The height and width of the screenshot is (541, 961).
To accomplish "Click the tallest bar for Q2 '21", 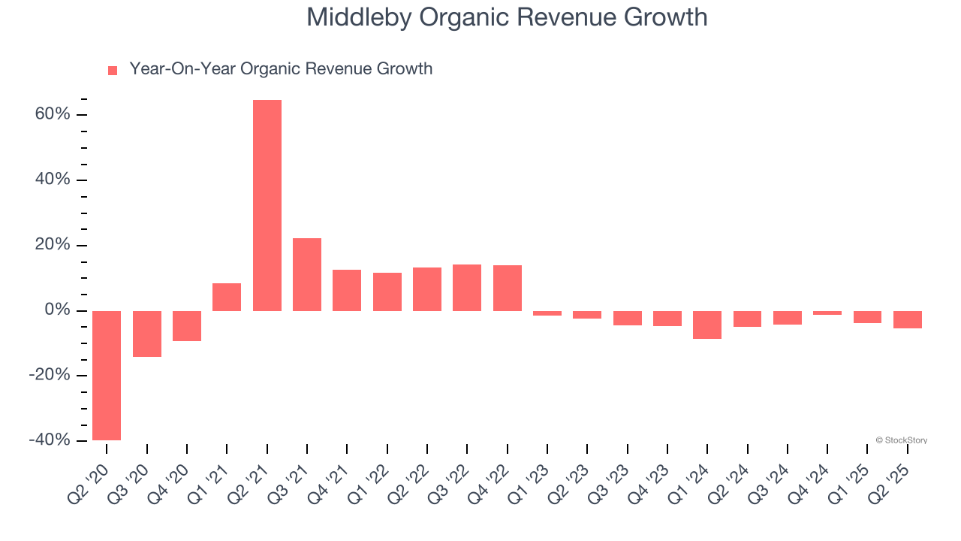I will (267, 205).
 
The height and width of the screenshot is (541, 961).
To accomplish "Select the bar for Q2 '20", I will (107, 375).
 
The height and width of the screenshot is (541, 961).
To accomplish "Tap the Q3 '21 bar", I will (307, 274).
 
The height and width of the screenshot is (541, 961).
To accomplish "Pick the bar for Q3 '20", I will (147, 334).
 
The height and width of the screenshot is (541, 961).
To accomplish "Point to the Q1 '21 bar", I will (227, 297).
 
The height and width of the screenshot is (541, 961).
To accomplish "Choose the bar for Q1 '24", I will (707, 325).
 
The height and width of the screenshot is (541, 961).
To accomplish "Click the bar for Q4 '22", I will (508, 288).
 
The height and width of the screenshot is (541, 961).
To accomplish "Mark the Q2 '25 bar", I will (908, 319).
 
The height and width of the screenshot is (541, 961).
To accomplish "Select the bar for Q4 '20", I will (187, 325).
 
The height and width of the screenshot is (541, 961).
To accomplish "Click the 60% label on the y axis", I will (53, 115).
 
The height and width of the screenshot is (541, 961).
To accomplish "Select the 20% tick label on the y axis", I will (53, 246).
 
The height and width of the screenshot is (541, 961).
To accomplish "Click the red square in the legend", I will (113, 70).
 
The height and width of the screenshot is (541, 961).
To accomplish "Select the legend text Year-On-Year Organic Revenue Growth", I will (281, 69).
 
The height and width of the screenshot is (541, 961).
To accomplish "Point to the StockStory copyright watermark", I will (901, 440).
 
